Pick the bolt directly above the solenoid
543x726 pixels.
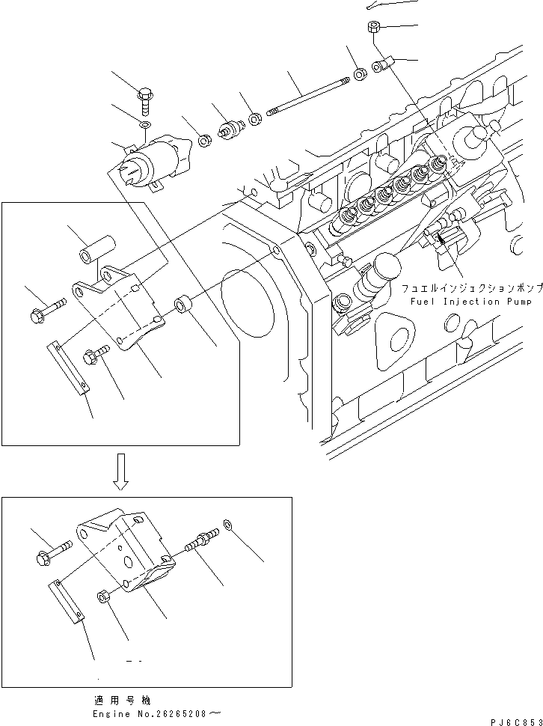click(x=144, y=97)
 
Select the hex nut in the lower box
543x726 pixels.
click(x=104, y=597)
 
